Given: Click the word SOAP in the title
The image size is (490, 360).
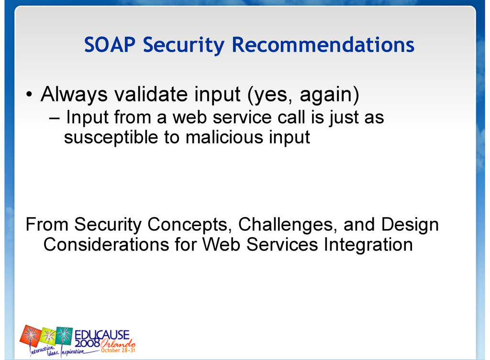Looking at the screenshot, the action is pos(110,44).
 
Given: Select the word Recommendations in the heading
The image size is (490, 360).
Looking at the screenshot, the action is pos(323,44).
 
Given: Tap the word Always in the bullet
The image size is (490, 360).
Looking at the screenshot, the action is pos(74,95).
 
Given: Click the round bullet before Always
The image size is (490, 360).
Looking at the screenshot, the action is pos(29,94).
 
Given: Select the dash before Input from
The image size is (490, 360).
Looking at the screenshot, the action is pos(54,119).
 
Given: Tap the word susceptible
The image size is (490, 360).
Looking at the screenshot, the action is pos(111,138).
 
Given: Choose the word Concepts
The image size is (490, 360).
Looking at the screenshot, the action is pos(189,225).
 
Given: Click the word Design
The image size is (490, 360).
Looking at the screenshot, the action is pos(410,225).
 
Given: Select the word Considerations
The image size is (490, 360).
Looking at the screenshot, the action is pos(106,244).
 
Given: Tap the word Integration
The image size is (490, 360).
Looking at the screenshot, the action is pos(368,245).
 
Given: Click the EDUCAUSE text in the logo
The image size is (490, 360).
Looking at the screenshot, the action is pos(102,335).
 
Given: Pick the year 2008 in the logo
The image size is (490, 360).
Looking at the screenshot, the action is pos(87,343).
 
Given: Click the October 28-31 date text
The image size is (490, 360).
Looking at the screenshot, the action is pos(118,350).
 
